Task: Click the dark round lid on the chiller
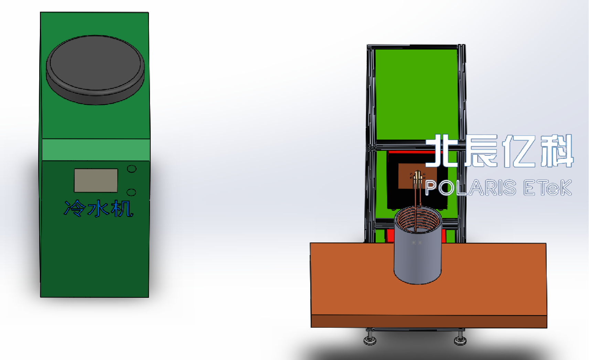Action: tap(95, 70)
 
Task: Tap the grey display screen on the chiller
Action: tap(96, 180)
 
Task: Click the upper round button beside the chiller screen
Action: tap(131, 169)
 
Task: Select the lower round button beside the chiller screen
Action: tap(131, 192)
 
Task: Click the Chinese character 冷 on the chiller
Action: tap(75, 208)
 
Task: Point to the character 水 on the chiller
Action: tap(98, 208)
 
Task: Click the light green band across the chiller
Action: tap(96, 150)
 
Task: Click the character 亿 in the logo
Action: tap(518, 151)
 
